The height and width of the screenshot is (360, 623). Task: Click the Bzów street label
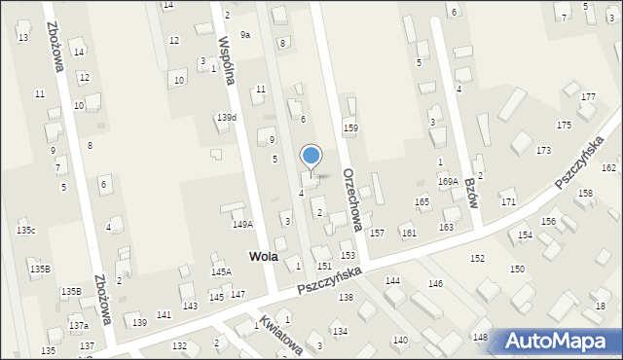[x=472, y=193]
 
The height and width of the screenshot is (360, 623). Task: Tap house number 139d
[x=227, y=117]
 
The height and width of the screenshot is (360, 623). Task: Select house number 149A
[x=242, y=224]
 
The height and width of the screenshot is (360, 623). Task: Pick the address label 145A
[x=222, y=272]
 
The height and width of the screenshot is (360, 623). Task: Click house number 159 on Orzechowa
[x=350, y=127]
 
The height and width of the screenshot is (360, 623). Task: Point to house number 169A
[x=448, y=181]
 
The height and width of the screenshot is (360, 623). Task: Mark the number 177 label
[x=588, y=97]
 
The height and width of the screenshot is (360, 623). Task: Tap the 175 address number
[x=564, y=126]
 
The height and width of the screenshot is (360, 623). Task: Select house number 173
[x=543, y=151]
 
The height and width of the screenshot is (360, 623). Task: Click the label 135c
[x=26, y=231]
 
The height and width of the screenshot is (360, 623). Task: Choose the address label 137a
[x=79, y=325]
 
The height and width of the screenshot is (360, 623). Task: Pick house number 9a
[x=245, y=35]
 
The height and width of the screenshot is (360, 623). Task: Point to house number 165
[x=422, y=201]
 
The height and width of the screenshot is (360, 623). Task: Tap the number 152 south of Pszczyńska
[x=477, y=258]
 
